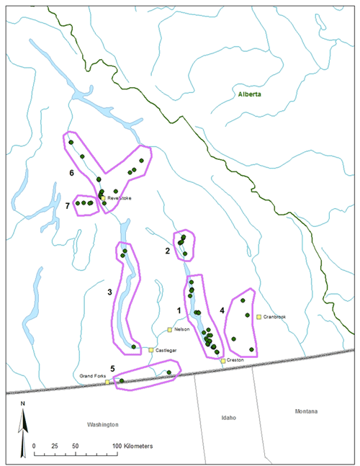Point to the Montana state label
[299, 411]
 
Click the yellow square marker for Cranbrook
[258, 316]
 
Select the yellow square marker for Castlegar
[150, 350]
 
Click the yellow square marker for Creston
[223, 359]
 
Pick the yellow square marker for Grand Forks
[107, 382]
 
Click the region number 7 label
[67, 207]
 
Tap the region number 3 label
[109, 292]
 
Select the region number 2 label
[167, 251]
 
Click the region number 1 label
[179, 309]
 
